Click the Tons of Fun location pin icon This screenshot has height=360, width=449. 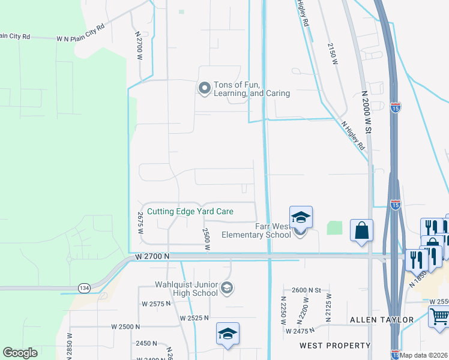coord(205,89)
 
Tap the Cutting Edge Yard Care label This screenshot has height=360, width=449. coord(190,211)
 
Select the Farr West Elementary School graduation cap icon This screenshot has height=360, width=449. coord(301,218)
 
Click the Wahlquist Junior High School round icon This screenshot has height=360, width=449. coord(226,289)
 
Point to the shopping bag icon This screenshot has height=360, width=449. coord(361,231)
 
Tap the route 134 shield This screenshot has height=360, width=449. coord(82,289)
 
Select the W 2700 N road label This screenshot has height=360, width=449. coord(152,256)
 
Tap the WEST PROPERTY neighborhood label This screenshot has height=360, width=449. coord(336,346)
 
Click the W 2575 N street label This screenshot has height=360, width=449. coord(156,304)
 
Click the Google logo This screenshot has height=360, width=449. coord(20,353)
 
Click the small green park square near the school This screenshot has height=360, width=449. coord(334,228)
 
